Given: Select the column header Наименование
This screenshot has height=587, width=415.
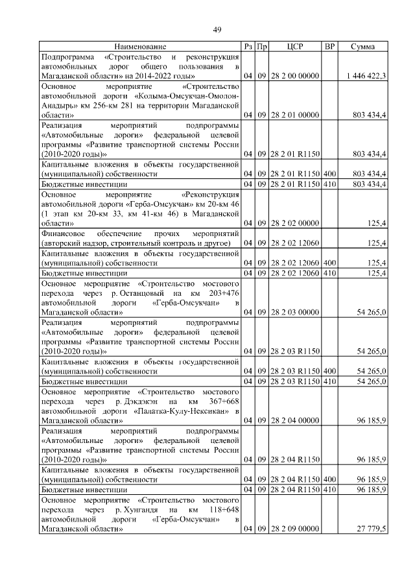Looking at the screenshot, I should (x=140, y=47).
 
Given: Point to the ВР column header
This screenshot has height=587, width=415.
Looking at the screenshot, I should (x=329, y=47).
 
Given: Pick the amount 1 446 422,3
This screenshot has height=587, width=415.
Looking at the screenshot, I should (x=366, y=77).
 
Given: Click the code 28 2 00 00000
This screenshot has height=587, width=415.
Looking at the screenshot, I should (x=295, y=77).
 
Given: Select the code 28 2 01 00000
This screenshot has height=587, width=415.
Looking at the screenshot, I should (x=295, y=115).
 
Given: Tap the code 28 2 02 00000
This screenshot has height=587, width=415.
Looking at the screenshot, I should (x=295, y=222).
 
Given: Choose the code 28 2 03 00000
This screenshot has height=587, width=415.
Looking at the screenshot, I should (x=295, y=312).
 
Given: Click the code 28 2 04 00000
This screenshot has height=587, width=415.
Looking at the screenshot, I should (x=295, y=420).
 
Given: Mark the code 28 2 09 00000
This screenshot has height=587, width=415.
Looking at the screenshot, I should (x=295, y=529).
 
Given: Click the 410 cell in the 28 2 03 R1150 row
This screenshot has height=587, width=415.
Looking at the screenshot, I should (x=329, y=381).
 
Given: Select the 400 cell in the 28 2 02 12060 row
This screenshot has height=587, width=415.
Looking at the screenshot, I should (x=329, y=264).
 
